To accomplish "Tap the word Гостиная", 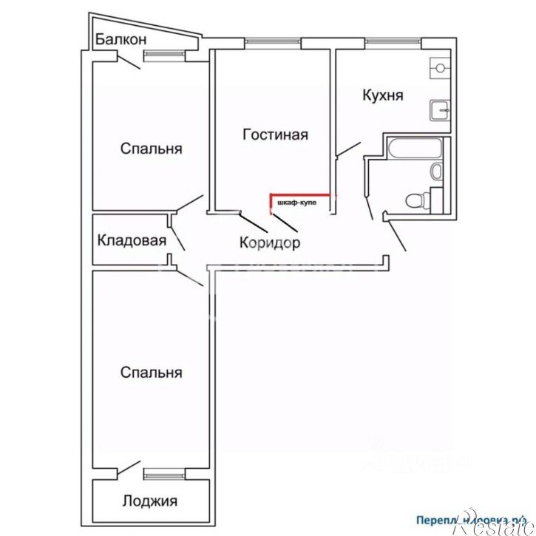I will point(275,135).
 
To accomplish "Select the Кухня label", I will point(382,95).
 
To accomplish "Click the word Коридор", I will point(270,242).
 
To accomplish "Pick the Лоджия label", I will point(150,501).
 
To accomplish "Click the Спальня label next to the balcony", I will point(151,149).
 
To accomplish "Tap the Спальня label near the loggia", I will point(151,372).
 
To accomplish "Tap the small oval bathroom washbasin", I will point(435,172).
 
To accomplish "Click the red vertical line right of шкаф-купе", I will point(336,203).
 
